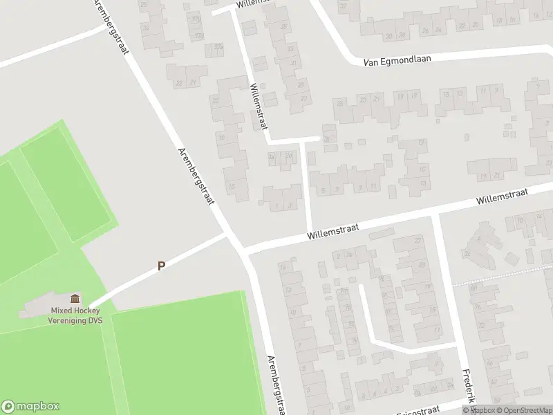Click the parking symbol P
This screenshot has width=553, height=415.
(x=161, y=265)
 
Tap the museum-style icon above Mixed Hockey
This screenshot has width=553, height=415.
(x=75, y=299)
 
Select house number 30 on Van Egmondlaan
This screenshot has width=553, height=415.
(x=389, y=36)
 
